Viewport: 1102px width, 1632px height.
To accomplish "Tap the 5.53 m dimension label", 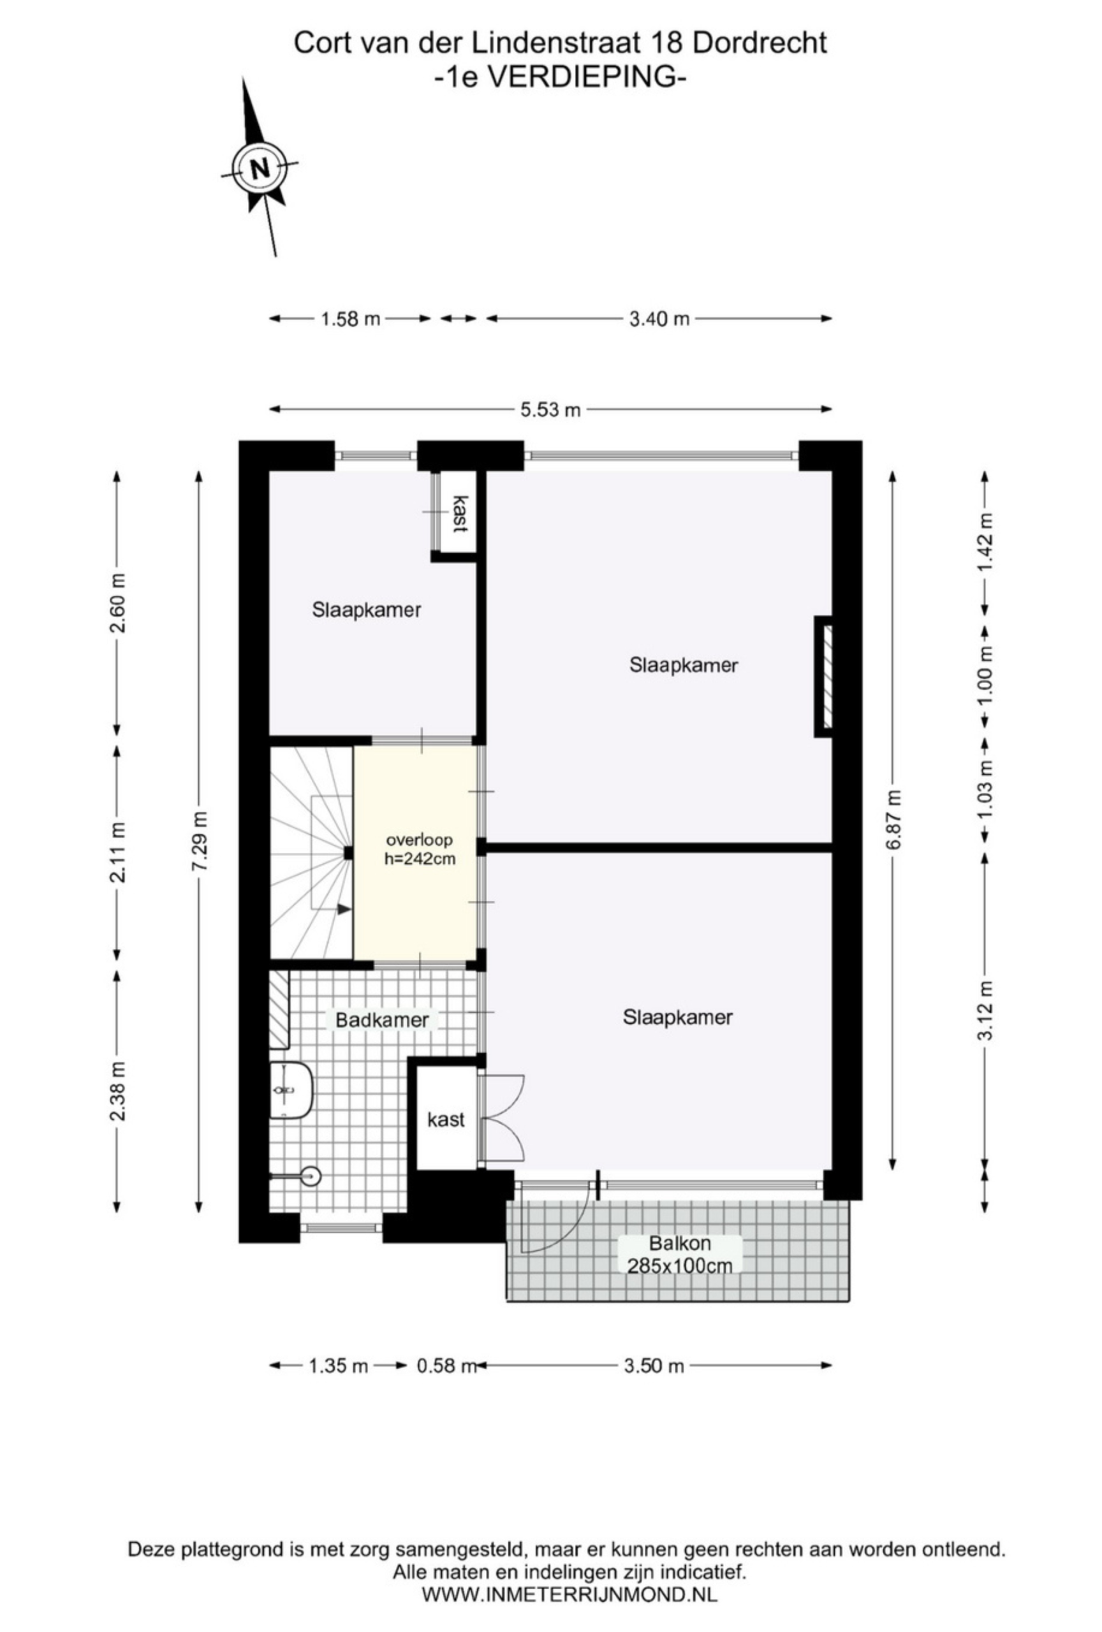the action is coord(550,409).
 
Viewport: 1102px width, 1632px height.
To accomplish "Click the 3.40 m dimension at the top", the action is coord(659,319).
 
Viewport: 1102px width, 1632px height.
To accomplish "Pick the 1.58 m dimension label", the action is coord(351,319).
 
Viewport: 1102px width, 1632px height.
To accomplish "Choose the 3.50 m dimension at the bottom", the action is coord(654,1366).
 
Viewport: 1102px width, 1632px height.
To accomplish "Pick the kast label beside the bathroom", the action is coord(446,1119).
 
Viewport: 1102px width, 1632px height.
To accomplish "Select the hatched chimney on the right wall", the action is coord(823,676).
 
